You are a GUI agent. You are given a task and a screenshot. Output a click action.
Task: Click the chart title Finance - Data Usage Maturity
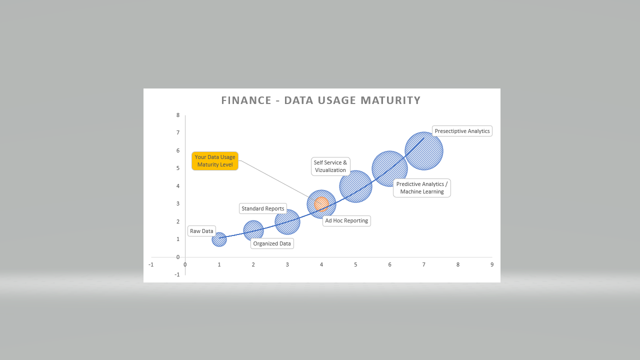321,100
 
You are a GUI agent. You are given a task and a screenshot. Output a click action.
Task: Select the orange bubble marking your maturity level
321,204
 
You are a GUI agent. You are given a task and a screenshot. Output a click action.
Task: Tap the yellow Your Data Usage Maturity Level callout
215,161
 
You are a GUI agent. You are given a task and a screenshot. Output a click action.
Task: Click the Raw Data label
201,231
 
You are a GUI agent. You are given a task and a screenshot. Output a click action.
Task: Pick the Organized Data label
272,243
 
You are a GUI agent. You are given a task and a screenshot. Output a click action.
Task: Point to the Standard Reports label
263,208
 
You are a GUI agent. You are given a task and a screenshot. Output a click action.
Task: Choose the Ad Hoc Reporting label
346,220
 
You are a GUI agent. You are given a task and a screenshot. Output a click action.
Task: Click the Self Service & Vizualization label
330,166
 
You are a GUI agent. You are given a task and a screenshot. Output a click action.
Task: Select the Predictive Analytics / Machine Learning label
422,187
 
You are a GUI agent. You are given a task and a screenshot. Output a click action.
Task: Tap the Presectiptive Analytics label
462,131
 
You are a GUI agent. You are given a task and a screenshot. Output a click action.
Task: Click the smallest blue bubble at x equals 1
219,239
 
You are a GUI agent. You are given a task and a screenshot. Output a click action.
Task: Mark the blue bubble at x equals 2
253,230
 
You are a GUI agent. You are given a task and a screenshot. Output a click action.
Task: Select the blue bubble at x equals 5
355,186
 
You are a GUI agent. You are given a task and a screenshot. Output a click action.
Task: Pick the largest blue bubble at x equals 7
424,151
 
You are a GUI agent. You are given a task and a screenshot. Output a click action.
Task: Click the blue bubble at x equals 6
389,168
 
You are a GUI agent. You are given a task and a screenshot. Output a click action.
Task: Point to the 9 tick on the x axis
492,264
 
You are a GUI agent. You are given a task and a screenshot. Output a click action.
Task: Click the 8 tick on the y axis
178,115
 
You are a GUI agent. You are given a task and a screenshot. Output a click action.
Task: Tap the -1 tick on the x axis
151,264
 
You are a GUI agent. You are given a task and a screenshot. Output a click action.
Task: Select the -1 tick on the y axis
177,274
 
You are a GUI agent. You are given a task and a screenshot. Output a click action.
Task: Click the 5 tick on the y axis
178,168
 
